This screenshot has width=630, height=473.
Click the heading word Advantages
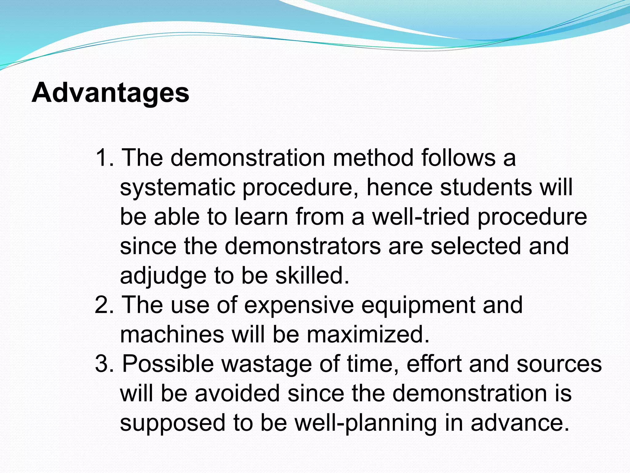point(110,93)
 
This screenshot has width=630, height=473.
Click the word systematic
point(177,188)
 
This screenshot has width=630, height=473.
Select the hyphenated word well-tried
point(421,216)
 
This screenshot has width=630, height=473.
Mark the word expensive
point(299,305)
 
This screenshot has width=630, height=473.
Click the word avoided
point(237,393)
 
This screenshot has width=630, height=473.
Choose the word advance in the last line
point(520,423)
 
